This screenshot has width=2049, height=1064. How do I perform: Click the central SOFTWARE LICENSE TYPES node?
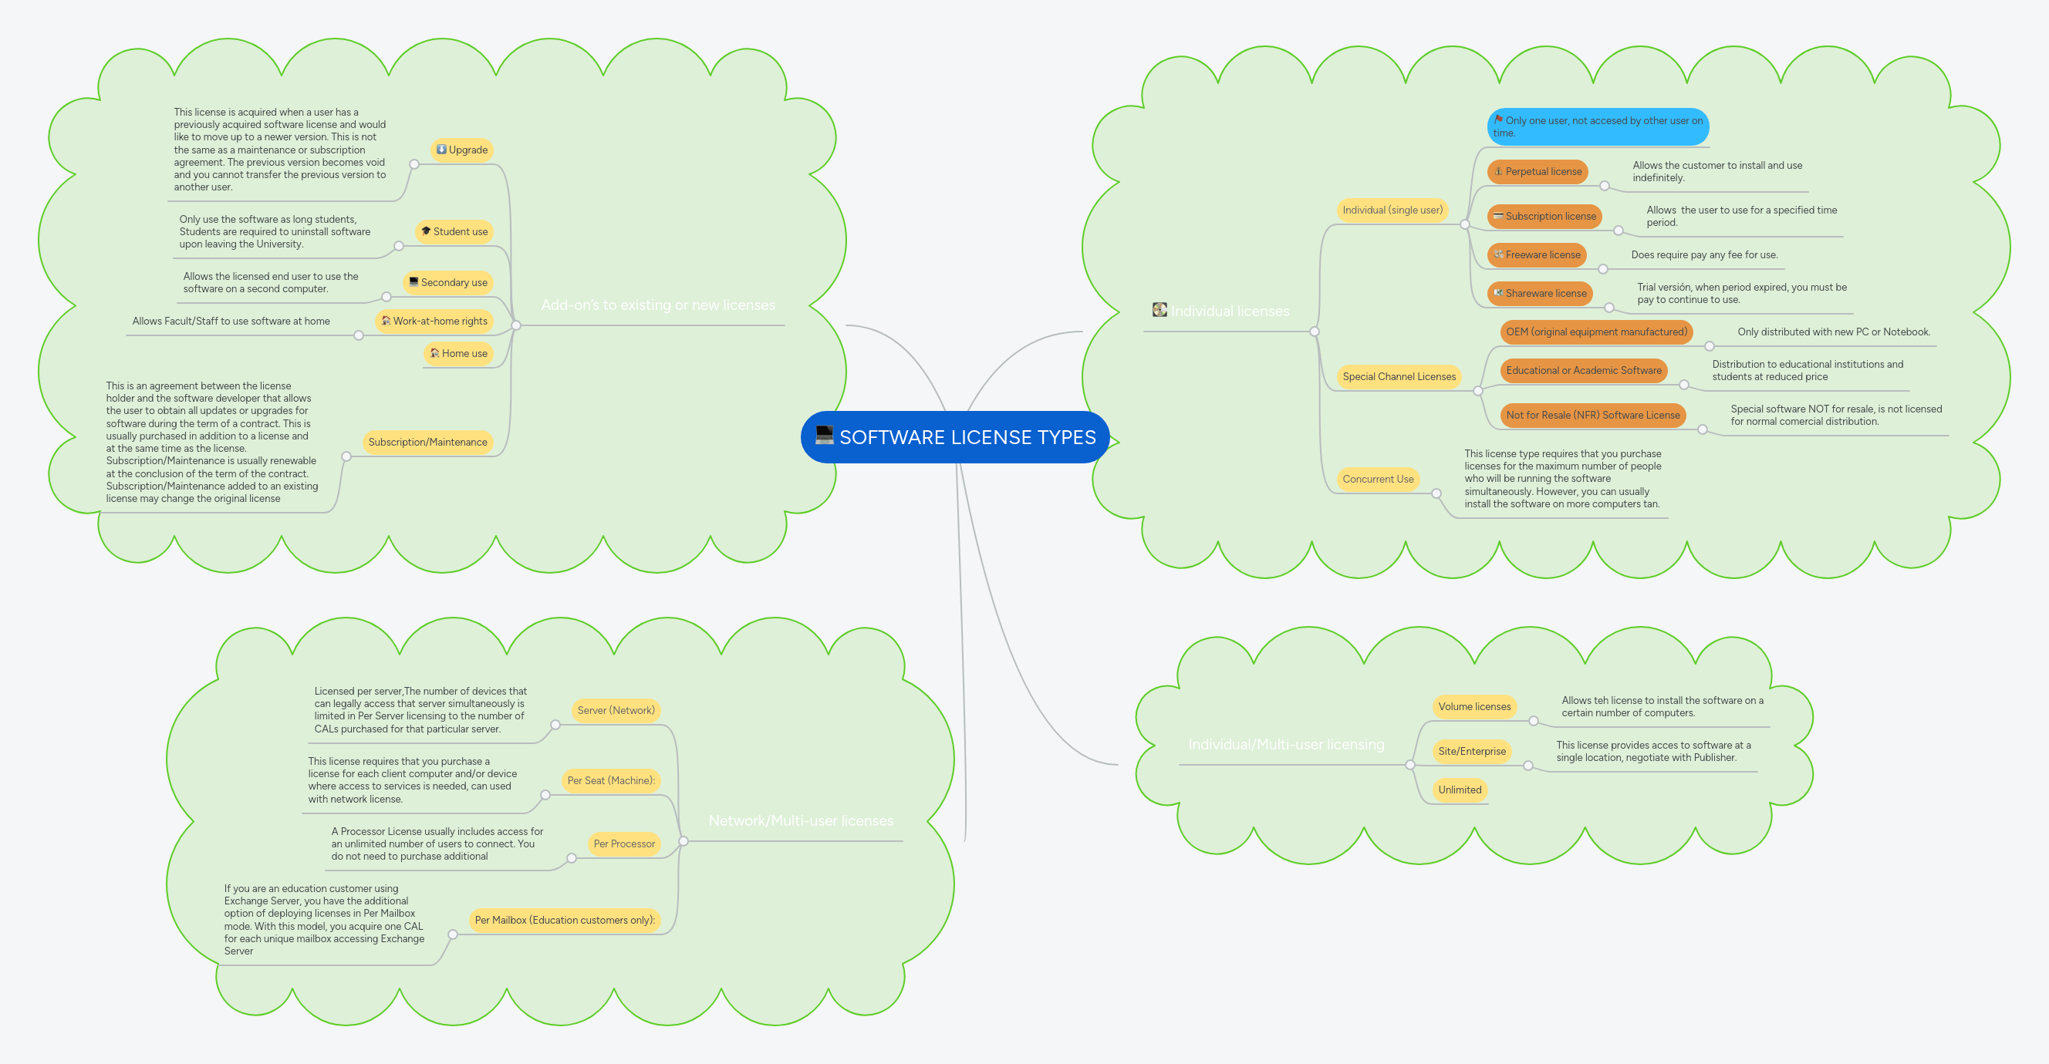tap(967, 437)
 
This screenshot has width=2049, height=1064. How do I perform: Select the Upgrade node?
tap(462, 150)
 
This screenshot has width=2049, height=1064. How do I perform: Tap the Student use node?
tap(454, 231)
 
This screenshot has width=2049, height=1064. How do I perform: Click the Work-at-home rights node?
tap(434, 322)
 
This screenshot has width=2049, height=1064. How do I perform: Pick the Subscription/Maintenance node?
tap(427, 442)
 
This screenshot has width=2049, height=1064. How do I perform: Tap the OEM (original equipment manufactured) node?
tap(1595, 332)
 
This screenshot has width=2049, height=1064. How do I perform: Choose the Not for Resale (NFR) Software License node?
tap(1592, 415)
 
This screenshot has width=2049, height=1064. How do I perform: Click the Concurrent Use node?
tap(1378, 480)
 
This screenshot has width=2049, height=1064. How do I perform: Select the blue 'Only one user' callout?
tap(1597, 126)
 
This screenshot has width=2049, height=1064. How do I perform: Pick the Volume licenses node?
tap(1474, 707)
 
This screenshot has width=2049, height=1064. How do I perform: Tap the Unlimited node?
tap(1460, 790)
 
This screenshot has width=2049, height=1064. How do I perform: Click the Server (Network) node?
tap(616, 711)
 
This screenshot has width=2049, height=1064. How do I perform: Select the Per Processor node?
tap(623, 843)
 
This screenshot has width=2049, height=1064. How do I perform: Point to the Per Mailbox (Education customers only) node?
tap(565, 920)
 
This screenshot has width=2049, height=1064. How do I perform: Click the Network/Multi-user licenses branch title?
tap(800, 821)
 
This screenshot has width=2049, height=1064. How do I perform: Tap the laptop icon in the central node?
tap(824, 435)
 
